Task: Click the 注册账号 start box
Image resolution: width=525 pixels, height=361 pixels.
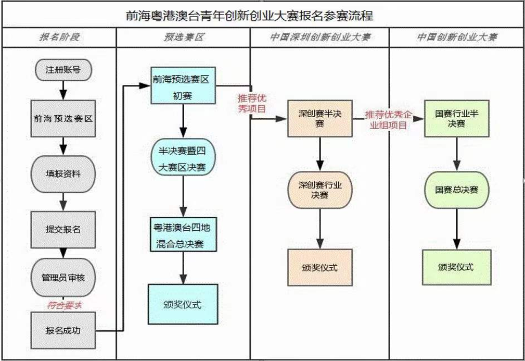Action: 62,69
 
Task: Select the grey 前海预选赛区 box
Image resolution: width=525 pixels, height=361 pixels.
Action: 62,119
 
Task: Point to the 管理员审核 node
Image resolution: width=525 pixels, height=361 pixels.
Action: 62,277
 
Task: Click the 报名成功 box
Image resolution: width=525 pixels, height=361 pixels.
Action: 62,330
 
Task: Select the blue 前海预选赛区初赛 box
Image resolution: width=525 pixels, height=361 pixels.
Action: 183,85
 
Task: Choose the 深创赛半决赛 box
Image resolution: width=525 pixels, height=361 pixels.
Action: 319,119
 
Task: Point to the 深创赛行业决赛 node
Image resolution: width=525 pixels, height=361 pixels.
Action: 319,189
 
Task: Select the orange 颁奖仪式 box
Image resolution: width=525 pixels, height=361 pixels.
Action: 319,267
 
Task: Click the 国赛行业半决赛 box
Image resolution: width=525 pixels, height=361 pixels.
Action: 457,119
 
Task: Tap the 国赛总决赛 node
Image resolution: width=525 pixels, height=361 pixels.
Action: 457,190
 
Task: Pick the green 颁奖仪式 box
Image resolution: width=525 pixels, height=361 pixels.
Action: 456,267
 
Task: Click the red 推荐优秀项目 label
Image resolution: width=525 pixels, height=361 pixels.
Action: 252,103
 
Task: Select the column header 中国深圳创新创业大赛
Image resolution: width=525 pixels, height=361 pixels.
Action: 319,38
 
